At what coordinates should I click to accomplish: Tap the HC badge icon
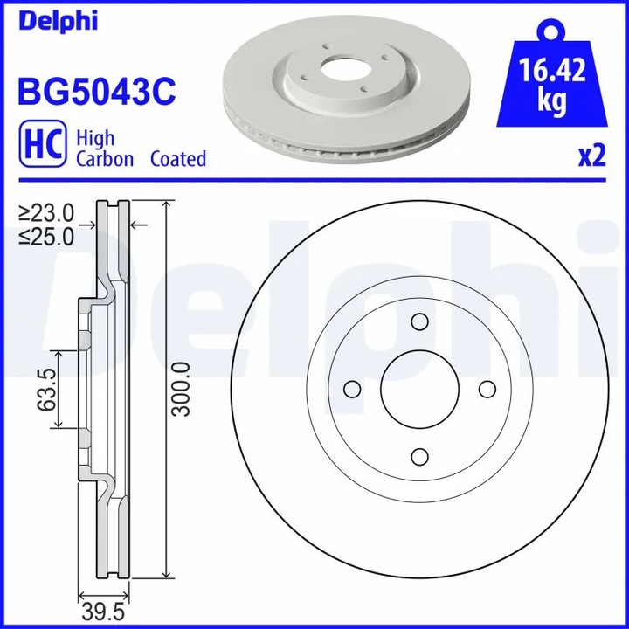point(40,147)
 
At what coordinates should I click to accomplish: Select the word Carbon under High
point(105,159)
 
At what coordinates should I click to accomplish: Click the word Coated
point(178,159)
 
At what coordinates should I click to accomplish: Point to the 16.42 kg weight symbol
point(550,83)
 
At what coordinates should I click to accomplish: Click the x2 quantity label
point(591,156)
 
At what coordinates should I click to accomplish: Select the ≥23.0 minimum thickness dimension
point(48,212)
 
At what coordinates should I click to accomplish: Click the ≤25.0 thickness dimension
point(48,236)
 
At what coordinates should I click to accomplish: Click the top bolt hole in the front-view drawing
point(419,323)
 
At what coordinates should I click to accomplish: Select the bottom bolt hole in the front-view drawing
point(419,457)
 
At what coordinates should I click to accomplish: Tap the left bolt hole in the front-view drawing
point(353,390)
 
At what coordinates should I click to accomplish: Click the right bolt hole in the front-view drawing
point(487,390)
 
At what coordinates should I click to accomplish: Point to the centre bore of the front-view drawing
point(419,390)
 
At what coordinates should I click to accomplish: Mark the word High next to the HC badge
point(95,138)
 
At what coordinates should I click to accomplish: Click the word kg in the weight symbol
point(550,103)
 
